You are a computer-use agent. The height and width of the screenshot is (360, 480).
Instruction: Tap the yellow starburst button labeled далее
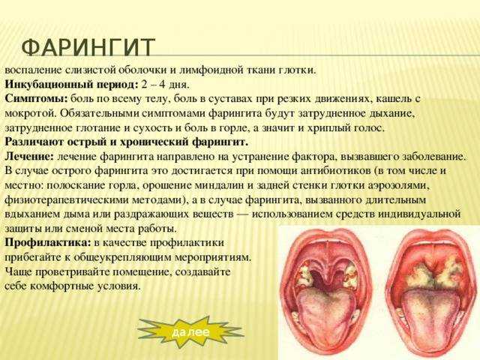click(189, 331)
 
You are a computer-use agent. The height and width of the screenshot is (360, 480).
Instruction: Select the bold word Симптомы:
click(36, 99)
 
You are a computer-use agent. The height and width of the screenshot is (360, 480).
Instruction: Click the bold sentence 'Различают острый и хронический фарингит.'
click(126, 142)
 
